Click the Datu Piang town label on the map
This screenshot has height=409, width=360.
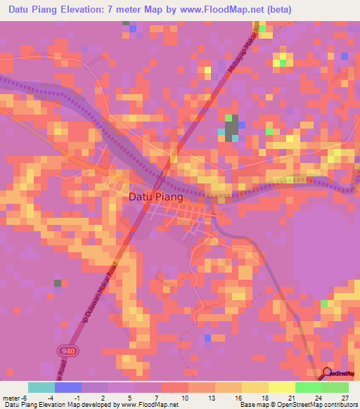[155, 197]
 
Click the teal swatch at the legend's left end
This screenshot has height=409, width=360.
[41, 387]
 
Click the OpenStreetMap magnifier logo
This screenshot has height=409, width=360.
[328, 373]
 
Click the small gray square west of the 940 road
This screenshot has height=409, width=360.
[58, 283]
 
